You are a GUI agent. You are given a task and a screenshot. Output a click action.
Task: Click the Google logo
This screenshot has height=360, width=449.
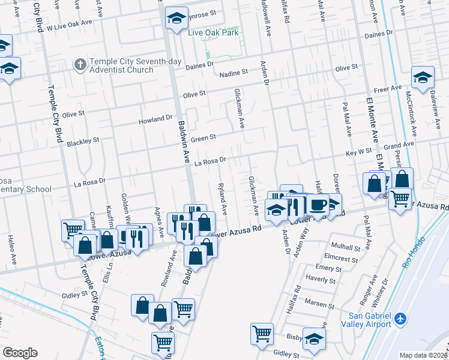(20, 353)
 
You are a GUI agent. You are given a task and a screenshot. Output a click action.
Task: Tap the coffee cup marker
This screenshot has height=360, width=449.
(318, 205)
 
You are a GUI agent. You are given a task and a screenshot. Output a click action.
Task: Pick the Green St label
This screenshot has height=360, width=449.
(203, 138)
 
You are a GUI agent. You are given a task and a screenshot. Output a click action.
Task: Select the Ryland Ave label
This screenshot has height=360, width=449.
(222, 199)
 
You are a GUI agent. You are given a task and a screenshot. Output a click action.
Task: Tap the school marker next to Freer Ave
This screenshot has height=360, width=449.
(423, 78)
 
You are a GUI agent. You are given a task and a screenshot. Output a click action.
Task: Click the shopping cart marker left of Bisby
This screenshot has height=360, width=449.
(262, 334)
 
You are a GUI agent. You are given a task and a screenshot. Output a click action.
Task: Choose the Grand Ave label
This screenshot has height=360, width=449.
(399, 145)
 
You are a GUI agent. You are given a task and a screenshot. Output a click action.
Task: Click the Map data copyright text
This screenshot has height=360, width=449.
(422, 355)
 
